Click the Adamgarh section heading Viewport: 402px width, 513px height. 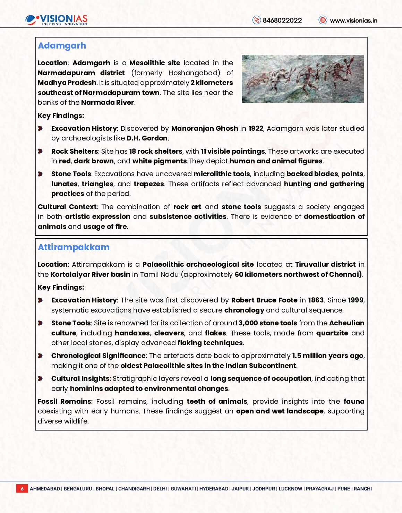pos(62,46)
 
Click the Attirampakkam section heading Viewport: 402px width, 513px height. pos(74,247)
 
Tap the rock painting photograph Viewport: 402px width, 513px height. pos(302,79)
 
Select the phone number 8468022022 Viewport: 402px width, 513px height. pos(282,20)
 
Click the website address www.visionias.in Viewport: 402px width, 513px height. pos(353,20)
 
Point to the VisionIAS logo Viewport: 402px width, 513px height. pos(57,20)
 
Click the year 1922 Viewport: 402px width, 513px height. pos(256,128)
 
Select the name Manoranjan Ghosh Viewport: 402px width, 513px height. pos(205,128)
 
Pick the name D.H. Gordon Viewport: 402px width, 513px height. pos(147,138)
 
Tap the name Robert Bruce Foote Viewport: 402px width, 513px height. pos(264,300)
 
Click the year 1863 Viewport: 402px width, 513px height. pos(316,300)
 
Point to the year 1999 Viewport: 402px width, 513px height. pos(356,300)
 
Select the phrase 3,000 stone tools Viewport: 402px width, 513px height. pos(268,323)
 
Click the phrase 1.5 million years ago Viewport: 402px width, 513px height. pos(328,356)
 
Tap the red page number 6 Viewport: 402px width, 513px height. pos(22,489)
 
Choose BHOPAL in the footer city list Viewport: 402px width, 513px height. pos(105,489)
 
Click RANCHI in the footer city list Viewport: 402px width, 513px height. pos(362,489)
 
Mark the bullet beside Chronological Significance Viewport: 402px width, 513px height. pos(40,356)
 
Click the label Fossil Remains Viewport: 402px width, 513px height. pos(64,401)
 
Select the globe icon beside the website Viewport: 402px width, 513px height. pos(323,20)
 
